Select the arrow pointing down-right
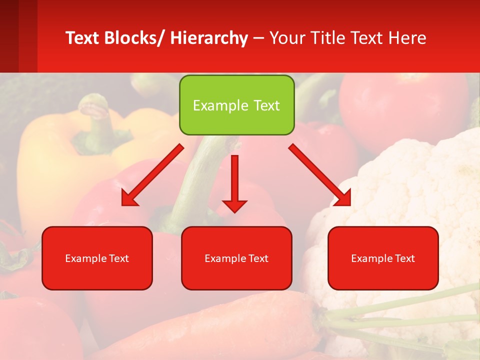coord(320,174)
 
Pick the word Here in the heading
coord(407,38)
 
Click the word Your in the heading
coord(286,38)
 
